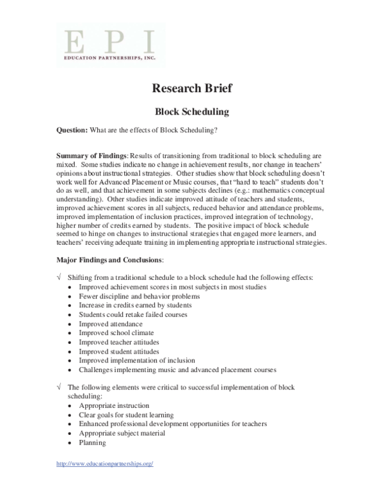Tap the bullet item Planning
[x=93, y=443]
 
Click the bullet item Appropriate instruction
[x=114, y=406]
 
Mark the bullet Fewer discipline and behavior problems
[x=139, y=297]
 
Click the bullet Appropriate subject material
[x=122, y=434]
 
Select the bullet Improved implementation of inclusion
[x=137, y=361]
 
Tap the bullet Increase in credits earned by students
[x=135, y=306]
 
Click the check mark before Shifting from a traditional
[x=59, y=277]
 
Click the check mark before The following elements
[x=59, y=387]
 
